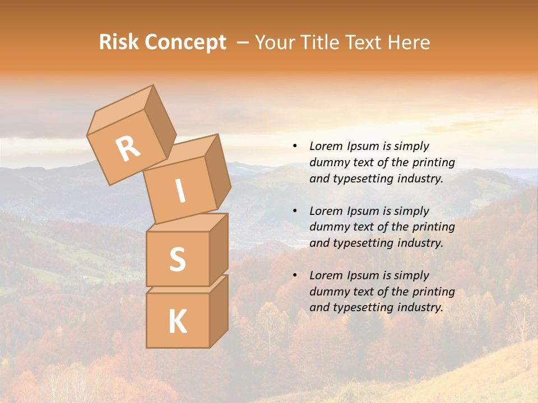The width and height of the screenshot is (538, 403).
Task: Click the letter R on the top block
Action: [128, 149]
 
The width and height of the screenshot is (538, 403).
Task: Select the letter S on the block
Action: [177, 259]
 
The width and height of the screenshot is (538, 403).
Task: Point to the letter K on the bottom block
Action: [177, 321]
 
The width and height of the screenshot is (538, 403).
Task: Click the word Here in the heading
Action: [410, 43]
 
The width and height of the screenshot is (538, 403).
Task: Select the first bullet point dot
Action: [295, 147]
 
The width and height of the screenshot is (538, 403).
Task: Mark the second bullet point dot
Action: [295, 211]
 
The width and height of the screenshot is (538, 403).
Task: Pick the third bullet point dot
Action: [295, 275]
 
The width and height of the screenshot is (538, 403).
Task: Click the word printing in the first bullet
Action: [433, 162]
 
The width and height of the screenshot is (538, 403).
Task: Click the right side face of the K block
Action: [219, 311]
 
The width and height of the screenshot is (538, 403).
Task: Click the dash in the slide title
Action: [243, 43]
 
